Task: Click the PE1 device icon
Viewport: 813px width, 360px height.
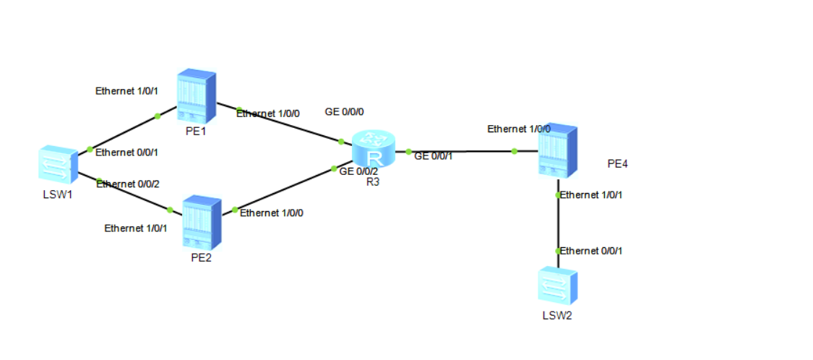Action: click(x=198, y=95)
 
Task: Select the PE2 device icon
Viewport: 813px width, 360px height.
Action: click(x=202, y=221)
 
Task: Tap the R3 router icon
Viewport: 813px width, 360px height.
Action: click(x=374, y=150)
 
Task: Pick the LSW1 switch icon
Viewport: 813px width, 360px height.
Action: click(x=59, y=166)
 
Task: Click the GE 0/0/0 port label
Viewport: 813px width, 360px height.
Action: click(x=345, y=112)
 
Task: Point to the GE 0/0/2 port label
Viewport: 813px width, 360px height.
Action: click(x=358, y=171)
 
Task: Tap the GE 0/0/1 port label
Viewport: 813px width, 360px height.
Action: click(x=434, y=156)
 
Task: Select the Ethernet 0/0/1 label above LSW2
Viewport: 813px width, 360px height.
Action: click(x=592, y=251)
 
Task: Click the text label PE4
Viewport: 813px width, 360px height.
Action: click(x=618, y=164)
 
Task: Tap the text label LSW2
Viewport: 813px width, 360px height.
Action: click(x=557, y=315)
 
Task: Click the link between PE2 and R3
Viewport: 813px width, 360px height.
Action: click(x=285, y=189)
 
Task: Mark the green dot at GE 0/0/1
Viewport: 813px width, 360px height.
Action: click(x=408, y=152)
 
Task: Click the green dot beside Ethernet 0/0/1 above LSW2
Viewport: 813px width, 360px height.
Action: click(x=558, y=251)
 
